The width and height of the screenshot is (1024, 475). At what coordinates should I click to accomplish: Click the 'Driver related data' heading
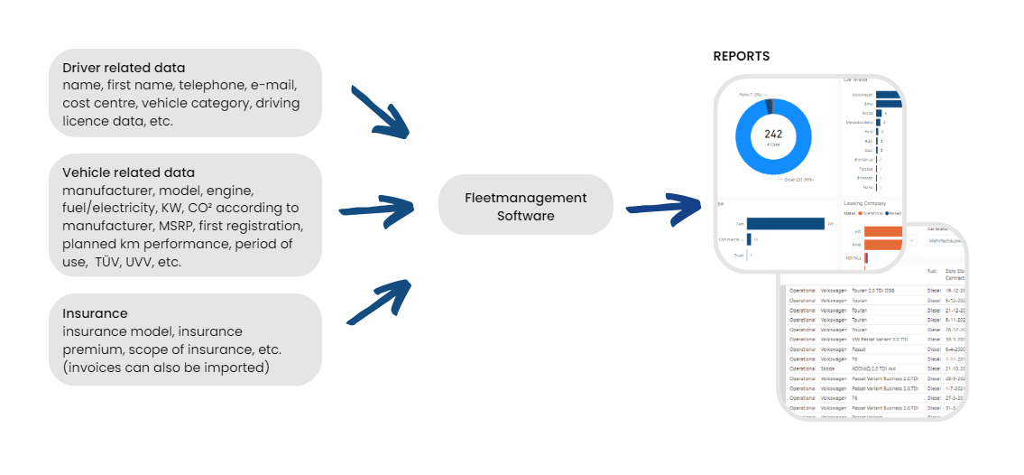124,68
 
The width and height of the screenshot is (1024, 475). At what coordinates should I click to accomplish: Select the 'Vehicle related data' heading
128,172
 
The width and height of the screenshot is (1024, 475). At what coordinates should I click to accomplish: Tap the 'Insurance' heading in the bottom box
95,313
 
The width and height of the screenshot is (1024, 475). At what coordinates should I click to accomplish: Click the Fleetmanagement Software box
525,206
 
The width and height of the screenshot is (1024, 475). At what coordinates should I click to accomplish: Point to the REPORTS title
741,56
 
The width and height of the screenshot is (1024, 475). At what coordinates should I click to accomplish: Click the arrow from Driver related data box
380,113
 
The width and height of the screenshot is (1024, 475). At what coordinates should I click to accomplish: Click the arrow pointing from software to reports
664,206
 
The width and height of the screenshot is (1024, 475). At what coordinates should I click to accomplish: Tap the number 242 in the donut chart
773,135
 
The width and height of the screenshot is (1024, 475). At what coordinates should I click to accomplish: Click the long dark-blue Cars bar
785,223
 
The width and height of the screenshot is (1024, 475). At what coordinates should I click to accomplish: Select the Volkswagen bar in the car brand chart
874,95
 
